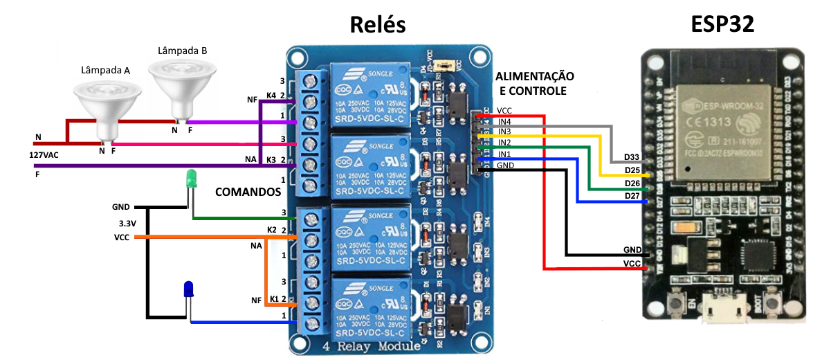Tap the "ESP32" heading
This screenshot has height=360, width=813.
pyautogui.click(x=722, y=25)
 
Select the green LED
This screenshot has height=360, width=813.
pyautogui.click(x=192, y=179)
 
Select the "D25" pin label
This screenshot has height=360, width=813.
pyautogui.click(x=632, y=170)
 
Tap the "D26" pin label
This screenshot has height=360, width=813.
pyautogui.click(x=632, y=183)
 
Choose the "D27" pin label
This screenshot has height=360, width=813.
pyautogui.click(x=632, y=196)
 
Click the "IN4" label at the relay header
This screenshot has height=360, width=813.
pyautogui.click(x=504, y=121)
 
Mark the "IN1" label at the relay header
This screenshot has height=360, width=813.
pyautogui.click(x=504, y=154)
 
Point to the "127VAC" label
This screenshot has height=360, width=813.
pyautogui.click(x=44, y=155)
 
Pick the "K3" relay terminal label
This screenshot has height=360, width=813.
pyautogui.click(x=271, y=159)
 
